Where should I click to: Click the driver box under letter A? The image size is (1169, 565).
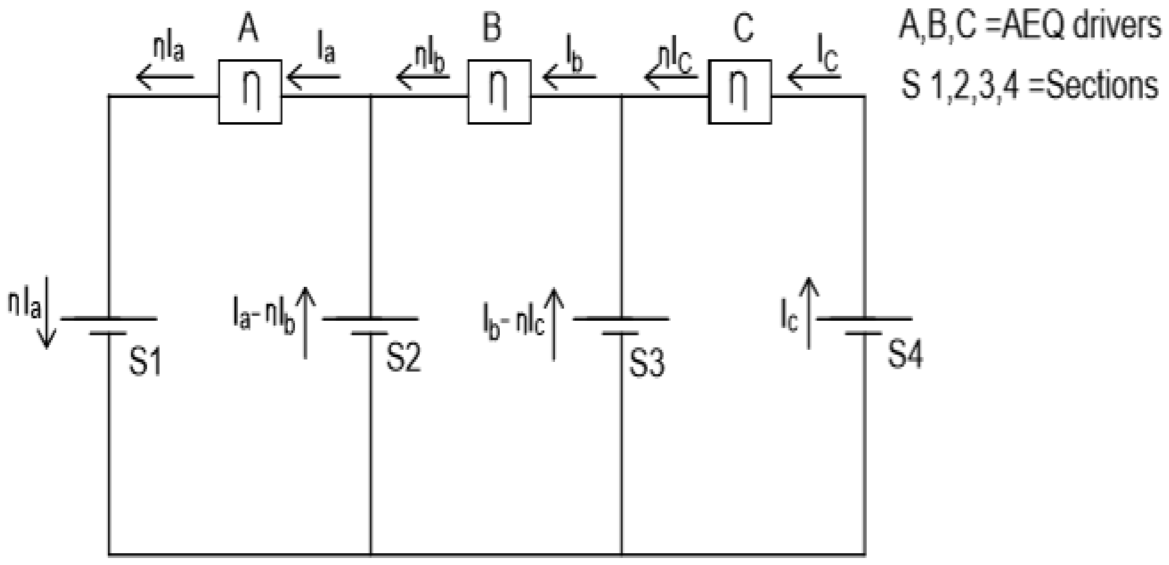coord(250,91)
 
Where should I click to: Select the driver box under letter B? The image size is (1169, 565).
coord(499,91)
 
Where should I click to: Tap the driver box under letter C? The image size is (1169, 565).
coord(740,91)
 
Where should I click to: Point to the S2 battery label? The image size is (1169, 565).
coord(403,358)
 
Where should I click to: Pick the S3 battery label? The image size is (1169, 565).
coord(647,364)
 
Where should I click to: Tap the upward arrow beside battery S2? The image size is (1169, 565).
coord(305,323)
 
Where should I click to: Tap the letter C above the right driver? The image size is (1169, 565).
coord(743,28)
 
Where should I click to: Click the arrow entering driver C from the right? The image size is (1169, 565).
coord(814,76)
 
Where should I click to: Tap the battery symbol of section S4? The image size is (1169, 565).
coord(864,326)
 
